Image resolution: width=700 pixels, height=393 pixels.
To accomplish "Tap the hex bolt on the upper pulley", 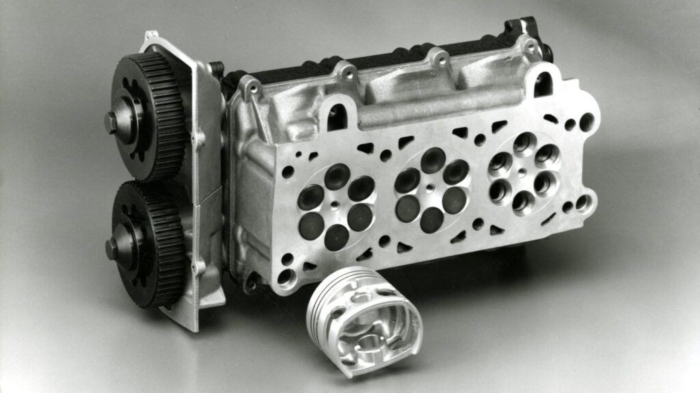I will [112, 122].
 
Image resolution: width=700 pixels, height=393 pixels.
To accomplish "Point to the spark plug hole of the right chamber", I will [522, 173].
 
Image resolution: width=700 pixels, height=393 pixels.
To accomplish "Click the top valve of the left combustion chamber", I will [336, 176].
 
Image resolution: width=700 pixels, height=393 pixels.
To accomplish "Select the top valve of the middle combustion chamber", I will [432, 159].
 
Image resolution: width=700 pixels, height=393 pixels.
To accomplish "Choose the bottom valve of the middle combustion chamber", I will [432, 219].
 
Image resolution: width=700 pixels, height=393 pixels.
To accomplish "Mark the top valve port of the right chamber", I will [525, 143].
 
